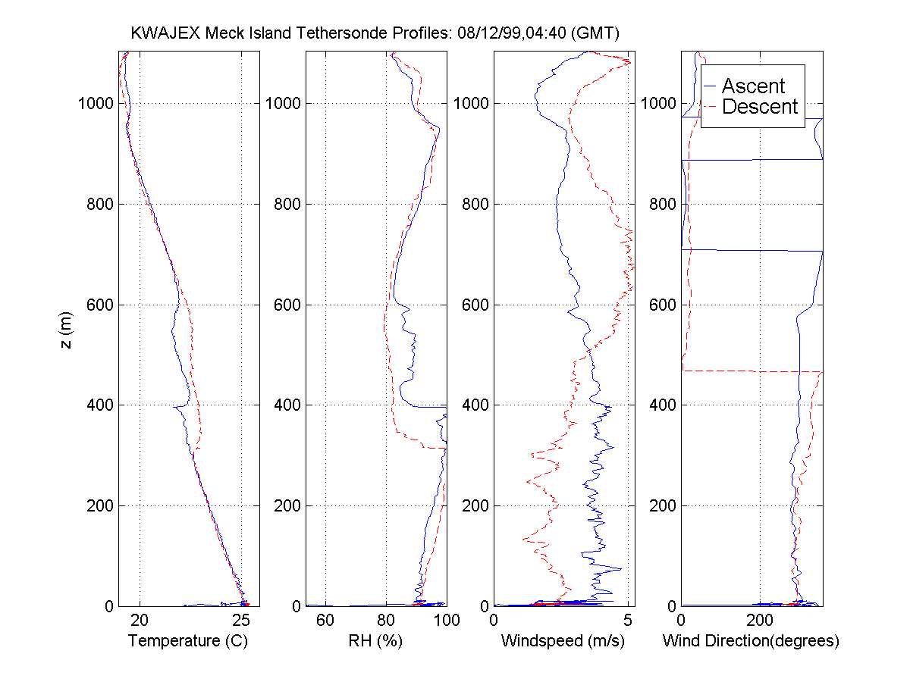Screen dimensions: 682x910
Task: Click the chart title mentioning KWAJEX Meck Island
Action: (376, 34)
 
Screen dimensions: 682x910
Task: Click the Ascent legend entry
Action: (753, 86)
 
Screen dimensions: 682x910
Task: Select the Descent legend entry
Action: (760, 107)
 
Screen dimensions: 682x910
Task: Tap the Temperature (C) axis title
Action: (188, 641)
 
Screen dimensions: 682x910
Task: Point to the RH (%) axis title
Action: (375, 641)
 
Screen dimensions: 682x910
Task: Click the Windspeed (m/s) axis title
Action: (563, 641)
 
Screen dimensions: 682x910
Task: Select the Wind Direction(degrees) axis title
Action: (751, 641)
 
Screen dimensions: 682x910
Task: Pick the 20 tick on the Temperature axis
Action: (140, 621)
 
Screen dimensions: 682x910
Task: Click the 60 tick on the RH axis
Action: (325, 621)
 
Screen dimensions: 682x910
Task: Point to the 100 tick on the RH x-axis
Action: (446, 621)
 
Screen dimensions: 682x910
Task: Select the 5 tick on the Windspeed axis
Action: (628, 621)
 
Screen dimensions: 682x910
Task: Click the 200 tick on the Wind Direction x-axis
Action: (760, 621)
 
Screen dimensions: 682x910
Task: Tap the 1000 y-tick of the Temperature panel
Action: (96, 104)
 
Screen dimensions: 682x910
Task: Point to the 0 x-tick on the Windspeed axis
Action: (494, 621)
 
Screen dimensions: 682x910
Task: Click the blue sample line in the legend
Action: (711, 86)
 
